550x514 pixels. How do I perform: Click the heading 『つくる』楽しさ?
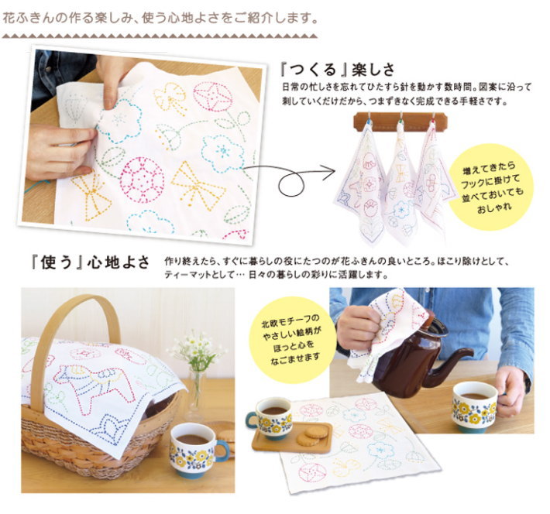click(x=338, y=70)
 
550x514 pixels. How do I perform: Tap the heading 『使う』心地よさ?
click(x=91, y=262)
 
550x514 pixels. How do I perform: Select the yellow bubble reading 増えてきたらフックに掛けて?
click(x=492, y=187)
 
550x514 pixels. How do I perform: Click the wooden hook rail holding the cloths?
click(x=400, y=121)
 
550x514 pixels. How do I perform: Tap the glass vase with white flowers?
click(x=197, y=392)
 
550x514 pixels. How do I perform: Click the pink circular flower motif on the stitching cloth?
click(x=142, y=180)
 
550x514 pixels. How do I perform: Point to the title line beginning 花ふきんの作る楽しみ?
click(x=160, y=19)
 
